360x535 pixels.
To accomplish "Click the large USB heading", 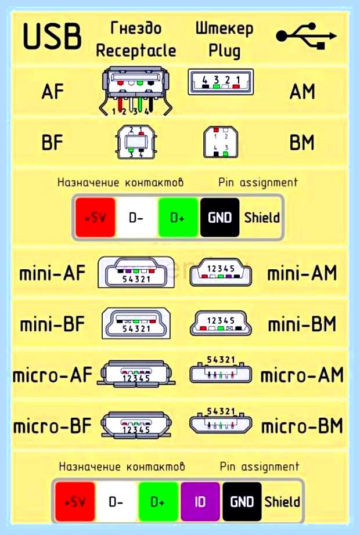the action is tap(52, 36).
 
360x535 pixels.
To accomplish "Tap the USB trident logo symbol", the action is tap(306, 36).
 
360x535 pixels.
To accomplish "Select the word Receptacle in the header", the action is tap(136, 50).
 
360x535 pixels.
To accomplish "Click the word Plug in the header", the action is tap(224, 51).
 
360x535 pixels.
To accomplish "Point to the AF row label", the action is tap(53, 91).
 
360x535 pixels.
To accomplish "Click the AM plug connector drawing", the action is tap(221, 82).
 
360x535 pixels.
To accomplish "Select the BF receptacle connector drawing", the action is tap(136, 142).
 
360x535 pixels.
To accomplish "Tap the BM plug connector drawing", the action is tap(221, 142).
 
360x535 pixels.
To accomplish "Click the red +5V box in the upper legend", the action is tap(95, 218).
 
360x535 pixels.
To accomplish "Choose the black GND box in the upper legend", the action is tap(219, 218).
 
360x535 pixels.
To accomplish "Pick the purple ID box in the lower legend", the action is tap(200, 501).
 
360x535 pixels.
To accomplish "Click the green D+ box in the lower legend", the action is tap(158, 501).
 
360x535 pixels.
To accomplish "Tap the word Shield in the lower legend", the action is tap(282, 501).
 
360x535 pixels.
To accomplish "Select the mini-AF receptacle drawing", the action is tap(136, 272).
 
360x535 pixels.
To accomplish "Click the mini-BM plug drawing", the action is tap(221, 323).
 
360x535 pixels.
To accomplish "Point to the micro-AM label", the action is tap(302, 375).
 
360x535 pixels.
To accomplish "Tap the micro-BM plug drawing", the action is tap(221, 422).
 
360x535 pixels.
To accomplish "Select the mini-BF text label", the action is tap(52, 324).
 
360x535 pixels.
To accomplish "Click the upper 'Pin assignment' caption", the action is tap(258, 183).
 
